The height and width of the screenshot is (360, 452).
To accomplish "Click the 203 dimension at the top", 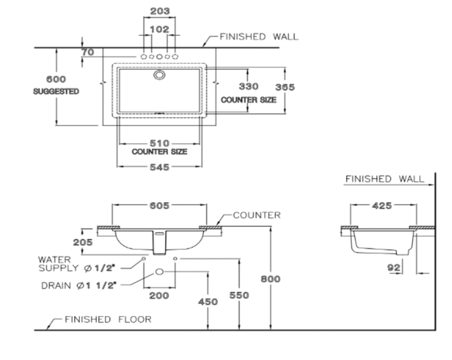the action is pyautogui.click(x=160, y=11).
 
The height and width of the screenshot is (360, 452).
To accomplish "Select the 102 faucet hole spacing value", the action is pyautogui.click(x=159, y=30).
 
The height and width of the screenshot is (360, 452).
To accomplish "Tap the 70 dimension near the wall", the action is pyautogui.click(x=88, y=52).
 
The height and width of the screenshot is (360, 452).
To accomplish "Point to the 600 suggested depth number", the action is pyautogui.click(x=56, y=79).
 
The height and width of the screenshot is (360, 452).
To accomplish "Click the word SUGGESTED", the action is pyautogui.click(x=56, y=91).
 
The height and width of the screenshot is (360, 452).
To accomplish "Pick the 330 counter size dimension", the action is pyautogui.click(x=248, y=86).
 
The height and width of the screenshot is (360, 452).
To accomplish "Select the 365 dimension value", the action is pyautogui.click(x=285, y=87).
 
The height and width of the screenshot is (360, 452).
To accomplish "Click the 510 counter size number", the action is pyautogui.click(x=159, y=143).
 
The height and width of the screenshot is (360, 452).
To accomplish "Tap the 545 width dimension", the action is pyautogui.click(x=159, y=167).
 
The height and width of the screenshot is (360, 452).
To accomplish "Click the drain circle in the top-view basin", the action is pyautogui.click(x=159, y=75).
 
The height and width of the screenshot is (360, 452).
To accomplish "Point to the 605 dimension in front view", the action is pyautogui.click(x=159, y=206).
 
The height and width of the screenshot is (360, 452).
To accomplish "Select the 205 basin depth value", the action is pyautogui.click(x=83, y=242).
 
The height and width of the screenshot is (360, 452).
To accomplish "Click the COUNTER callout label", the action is pyautogui.click(x=256, y=215).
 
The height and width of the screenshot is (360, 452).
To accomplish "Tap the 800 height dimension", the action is pyautogui.click(x=270, y=279).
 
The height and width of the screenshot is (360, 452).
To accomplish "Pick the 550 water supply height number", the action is pyautogui.click(x=239, y=296).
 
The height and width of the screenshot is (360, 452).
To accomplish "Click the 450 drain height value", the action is pyautogui.click(x=208, y=302).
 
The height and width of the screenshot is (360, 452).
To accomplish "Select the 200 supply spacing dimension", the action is pyautogui.click(x=159, y=296).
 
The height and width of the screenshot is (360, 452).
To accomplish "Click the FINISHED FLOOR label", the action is pyautogui.click(x=108, y=319).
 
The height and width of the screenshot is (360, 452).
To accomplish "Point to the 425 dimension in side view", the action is pyautogui.click(x=382, y=206).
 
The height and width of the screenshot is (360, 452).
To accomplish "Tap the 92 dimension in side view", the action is pyautogui.click(x=394, y=268).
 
